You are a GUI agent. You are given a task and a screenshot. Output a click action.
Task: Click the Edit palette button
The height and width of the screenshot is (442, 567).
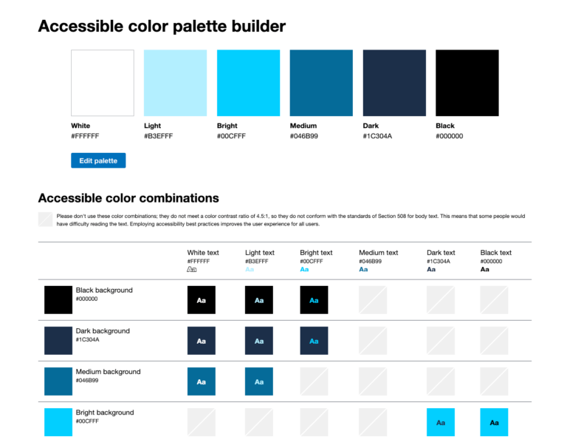click(98, 160)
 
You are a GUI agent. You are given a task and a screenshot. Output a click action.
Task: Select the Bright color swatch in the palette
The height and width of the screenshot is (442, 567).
click(248, 83)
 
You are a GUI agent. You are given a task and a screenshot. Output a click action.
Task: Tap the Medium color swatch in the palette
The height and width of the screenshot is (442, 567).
click(321, 83)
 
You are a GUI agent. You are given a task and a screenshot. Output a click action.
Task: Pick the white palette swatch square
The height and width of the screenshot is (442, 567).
click(103, 83)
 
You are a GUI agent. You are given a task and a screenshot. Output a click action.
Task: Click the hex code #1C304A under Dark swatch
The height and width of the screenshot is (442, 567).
click(377, 136)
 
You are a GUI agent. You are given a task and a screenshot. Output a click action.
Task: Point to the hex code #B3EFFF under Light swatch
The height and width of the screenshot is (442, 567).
click(158, 136)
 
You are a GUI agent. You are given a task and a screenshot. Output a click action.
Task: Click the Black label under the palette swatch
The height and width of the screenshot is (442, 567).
click(445, 126)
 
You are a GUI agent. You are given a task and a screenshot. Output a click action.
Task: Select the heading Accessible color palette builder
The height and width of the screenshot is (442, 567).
click(162, 27)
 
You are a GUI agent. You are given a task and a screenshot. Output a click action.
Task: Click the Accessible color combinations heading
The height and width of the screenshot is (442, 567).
click(128, 198)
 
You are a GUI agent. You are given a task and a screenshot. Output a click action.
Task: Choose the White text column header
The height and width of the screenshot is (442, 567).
click(203, 253)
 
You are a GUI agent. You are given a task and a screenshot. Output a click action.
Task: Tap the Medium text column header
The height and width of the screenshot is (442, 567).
click(378, 253)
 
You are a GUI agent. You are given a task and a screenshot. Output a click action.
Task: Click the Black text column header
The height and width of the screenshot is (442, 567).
click(495, 253)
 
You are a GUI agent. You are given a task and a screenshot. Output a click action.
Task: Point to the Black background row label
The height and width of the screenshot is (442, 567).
click(104, 290)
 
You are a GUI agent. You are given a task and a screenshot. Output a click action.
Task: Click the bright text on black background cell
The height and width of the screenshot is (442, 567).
click(314, 300)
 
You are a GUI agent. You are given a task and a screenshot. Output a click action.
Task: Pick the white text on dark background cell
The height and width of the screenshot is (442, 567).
click(202, 341)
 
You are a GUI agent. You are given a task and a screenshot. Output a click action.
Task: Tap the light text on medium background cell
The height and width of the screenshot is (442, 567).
click(259, 381)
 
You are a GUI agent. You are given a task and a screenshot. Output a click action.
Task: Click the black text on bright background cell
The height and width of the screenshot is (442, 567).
click(494, 422)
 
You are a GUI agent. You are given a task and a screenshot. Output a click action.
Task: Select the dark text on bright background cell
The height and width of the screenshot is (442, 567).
click(441, 422)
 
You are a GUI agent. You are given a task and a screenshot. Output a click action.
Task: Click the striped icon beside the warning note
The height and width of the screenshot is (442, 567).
click(45, 220)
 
